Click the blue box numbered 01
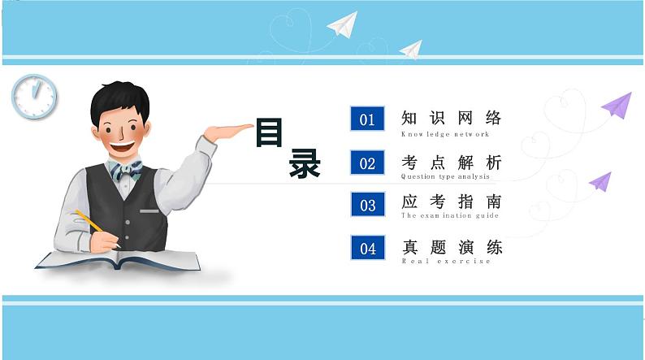(367, 119)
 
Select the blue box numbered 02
(367, 163)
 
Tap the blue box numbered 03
(367, 205)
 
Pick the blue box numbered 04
(367, 248)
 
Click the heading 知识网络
(452, 118)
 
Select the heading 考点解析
(452, 162)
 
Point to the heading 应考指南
(452, 202)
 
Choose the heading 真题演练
(452, 246)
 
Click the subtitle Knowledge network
(445, 134)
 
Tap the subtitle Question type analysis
(445, 176)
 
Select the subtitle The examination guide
(449, 216)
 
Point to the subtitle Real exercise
(446, 261)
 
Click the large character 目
(269, 132)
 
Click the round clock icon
(34, 96)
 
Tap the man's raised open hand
(229, 130)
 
